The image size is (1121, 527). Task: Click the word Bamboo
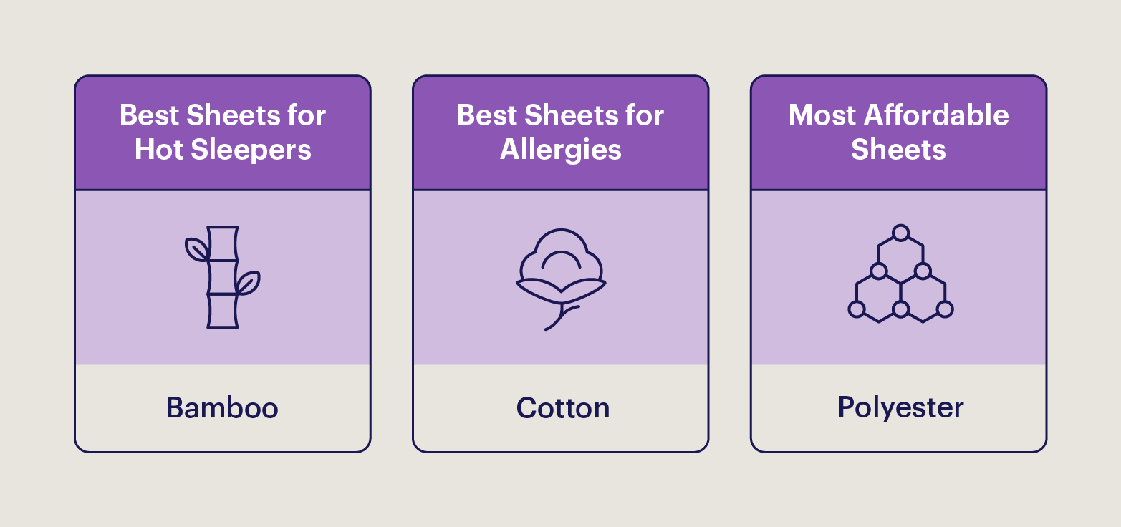coord(222,408)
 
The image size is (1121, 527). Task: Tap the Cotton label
coord(563,408)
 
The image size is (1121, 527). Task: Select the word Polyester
coord(900,407)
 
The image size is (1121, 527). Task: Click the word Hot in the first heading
coord(159,150)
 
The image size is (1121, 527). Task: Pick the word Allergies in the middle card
coord(560,150)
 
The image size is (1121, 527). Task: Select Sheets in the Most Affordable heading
coord(898,150)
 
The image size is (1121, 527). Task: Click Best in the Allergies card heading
coord(488,115)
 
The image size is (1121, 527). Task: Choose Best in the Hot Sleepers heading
coord(150,115)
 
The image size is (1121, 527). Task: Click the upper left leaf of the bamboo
coord(196,248)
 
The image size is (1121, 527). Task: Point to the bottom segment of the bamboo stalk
coord(222,311)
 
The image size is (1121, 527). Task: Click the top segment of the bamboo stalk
coord(222,243)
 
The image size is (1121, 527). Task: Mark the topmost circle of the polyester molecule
coord(900,233)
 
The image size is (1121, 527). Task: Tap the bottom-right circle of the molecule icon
coord(945,309)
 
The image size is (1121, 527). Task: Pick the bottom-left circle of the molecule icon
coord(856,309)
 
